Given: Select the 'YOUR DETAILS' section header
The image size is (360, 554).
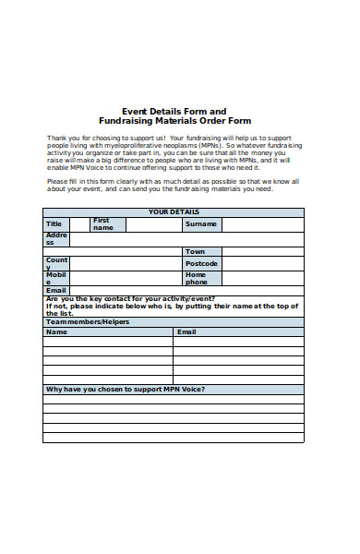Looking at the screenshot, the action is click(x=174, y=212).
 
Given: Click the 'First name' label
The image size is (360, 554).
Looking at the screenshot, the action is click(x=102, y=224).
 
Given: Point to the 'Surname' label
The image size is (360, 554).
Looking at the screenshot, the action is click(x=200, y=224).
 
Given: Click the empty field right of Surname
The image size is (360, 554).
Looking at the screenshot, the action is click(x=262, y=224).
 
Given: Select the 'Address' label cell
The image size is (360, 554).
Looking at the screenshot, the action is click(x=55, y=239).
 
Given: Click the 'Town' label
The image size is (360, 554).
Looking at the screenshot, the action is click(x=195, y=251).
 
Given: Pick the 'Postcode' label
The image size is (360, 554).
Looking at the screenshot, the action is click(x=201, y=263).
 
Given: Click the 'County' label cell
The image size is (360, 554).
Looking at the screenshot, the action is click(x=55, y=263).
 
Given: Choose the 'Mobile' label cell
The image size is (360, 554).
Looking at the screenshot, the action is click(x=55, y=278).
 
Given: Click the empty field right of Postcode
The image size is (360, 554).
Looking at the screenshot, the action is click(x=262, y=263).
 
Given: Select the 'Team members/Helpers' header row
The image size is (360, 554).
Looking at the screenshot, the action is click(x=88, y=321).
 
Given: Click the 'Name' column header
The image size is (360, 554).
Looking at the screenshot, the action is click(x=56, y=331).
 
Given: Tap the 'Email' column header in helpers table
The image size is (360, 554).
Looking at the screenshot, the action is click(x=186, y=331).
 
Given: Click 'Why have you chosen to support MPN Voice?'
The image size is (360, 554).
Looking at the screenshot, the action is click(x=126, y=389).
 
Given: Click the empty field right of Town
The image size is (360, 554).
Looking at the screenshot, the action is click(x=262, y=251).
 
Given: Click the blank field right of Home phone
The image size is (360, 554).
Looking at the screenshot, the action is click(x=262, y=278).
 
